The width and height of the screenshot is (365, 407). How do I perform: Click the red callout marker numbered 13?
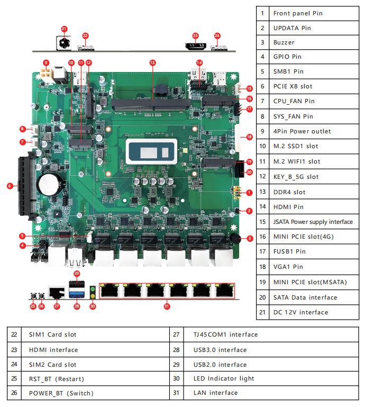[153, 62]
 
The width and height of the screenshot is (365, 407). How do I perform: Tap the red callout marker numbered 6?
[10, 186]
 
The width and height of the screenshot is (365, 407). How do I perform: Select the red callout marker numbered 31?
[167, 305]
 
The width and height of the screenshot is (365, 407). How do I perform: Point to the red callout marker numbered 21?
[64, 29]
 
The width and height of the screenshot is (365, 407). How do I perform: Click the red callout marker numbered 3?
[250, 238]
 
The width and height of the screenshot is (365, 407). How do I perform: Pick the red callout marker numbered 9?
[46, 62]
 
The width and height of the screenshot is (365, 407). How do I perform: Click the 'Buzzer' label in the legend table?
[284, 42]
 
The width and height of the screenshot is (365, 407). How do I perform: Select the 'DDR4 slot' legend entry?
[289, 192]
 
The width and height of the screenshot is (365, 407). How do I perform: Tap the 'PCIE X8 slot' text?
[293, 86]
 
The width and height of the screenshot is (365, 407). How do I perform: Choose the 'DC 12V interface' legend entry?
[300, 312]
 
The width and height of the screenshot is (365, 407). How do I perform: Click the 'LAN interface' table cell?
[215, 393]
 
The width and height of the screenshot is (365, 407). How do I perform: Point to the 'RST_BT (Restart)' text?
[57, 378]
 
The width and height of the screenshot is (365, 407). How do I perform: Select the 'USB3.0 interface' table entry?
[220, 350]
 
